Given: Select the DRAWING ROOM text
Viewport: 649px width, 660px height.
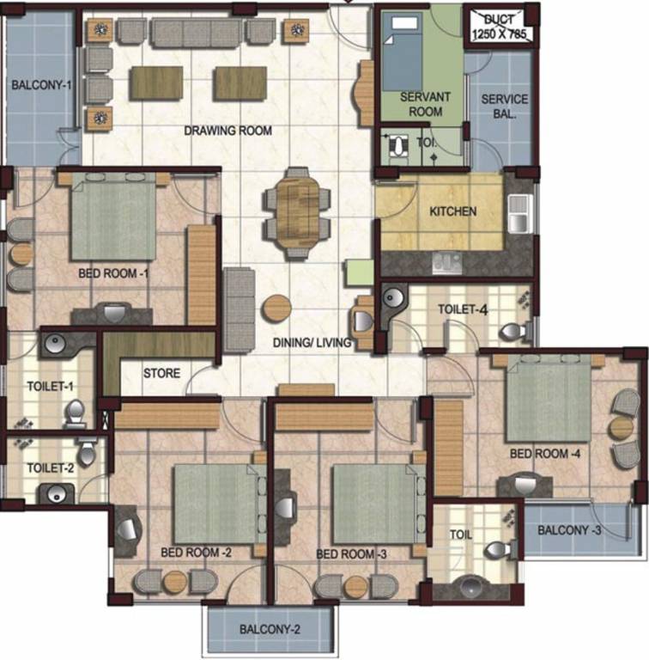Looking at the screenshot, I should [227, 131].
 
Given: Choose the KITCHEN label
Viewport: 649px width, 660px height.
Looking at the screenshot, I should [453, 211].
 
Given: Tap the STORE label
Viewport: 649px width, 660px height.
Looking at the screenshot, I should [161, 373].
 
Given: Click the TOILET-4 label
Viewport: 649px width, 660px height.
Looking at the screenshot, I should [464, 309].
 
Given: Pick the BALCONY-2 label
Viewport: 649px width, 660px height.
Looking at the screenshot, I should [270, 629].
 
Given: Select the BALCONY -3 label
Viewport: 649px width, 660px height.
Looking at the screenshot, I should [569, 529].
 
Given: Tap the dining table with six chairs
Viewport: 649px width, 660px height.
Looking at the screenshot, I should [297, 206].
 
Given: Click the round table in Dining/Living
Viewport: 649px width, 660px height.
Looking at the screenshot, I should [276, 309].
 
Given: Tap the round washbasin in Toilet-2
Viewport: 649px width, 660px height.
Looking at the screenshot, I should [57, 493].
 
